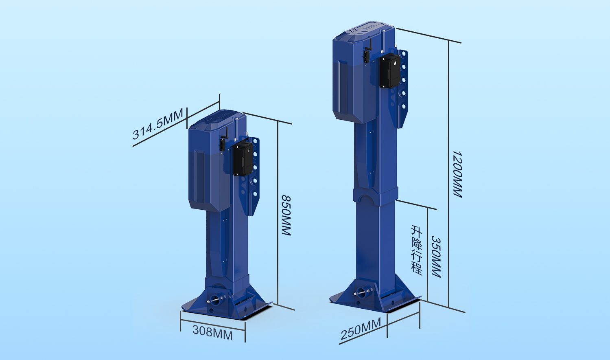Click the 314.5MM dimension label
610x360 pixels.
157,124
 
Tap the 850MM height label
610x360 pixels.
286,215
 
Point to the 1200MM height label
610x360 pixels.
457,174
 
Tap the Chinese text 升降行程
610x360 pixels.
417,250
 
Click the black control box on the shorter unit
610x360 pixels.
243,159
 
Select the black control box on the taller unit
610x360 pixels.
390,71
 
